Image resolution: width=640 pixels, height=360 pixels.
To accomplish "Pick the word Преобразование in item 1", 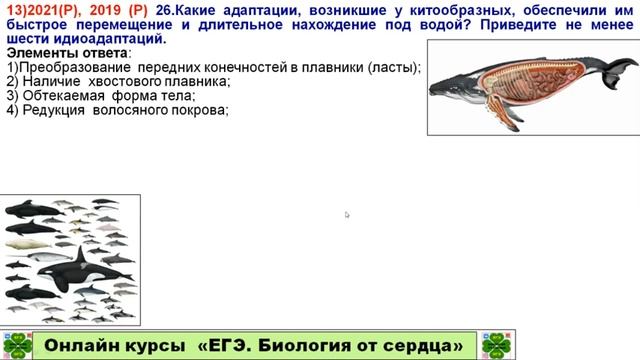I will pos(75,67).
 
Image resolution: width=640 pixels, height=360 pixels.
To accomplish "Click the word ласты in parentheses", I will pos(396,67).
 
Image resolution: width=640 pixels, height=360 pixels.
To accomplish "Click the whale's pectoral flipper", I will pos(500,114).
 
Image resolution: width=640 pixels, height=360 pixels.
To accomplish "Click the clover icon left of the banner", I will pos(15,343).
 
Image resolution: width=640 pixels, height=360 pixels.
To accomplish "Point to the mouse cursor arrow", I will pos(347,214).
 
